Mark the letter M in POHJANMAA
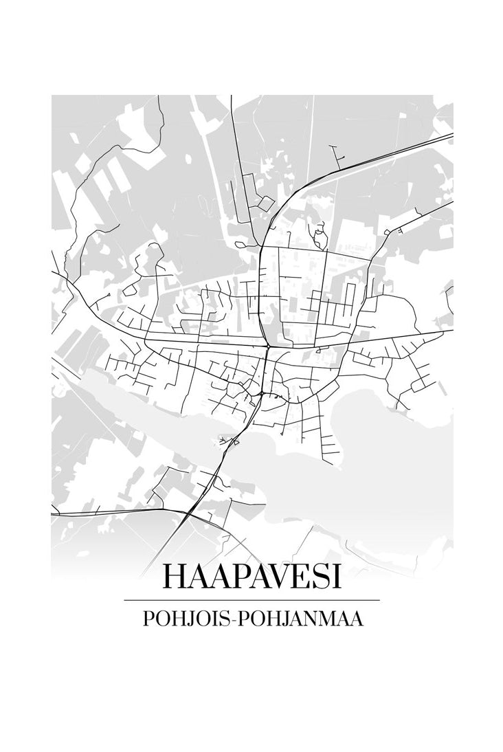coord(327,618)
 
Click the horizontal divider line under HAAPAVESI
coord(252,600)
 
